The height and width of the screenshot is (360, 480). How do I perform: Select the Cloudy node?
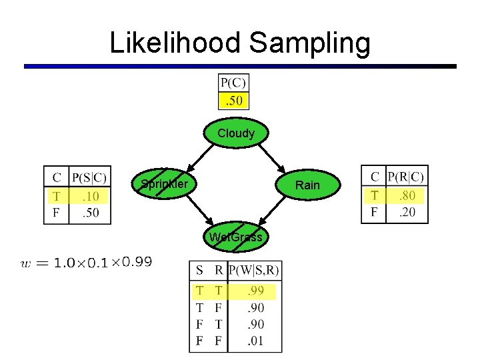[236, 133]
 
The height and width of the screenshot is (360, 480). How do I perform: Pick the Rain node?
[307, 185]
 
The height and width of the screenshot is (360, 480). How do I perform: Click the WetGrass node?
[236, 237]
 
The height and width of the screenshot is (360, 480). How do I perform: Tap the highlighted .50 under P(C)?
[233, 101]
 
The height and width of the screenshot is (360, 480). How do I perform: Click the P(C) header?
[233, 83]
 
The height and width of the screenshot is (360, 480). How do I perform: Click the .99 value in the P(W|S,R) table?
[255, 291]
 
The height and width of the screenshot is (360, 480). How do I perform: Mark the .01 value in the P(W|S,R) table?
[255, 341]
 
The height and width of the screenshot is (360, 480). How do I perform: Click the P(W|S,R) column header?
[254, 271]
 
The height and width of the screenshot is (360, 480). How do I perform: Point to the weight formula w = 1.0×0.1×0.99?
[87, 262]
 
